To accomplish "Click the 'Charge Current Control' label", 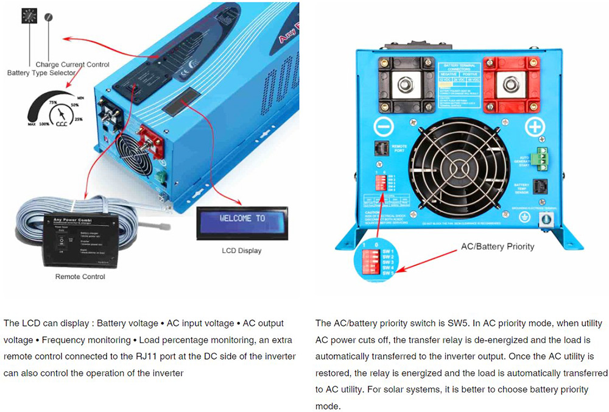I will pyautogui.click(x=72, y=65).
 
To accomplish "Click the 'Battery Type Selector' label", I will pyautogui.click(x=41, y=73).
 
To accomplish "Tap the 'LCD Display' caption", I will pyautogui.click(x=242, y=250).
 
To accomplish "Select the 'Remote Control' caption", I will pyautogui.click(x=80, y=277).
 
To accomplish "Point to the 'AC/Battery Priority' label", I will pyautogui.click(x=498, y=246).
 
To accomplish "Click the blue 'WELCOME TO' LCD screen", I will pyautogui.click(x=242, y=219).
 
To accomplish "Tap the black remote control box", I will pyautogui.click(x=80, y=239).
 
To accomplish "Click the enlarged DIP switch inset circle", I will pyautogui.click(x=373, y=261).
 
